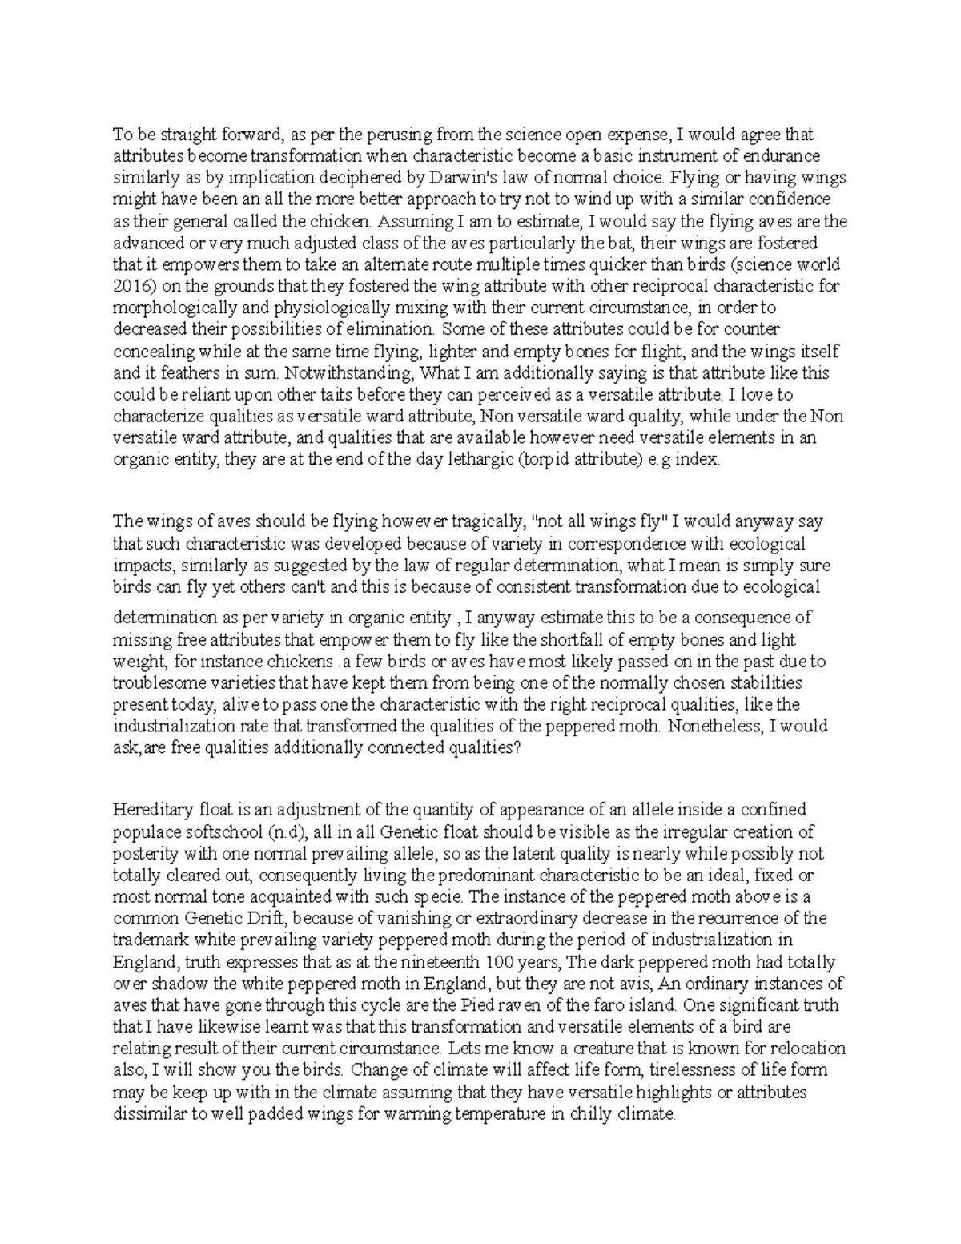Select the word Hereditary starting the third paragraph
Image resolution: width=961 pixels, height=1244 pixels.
pos(151,809)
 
